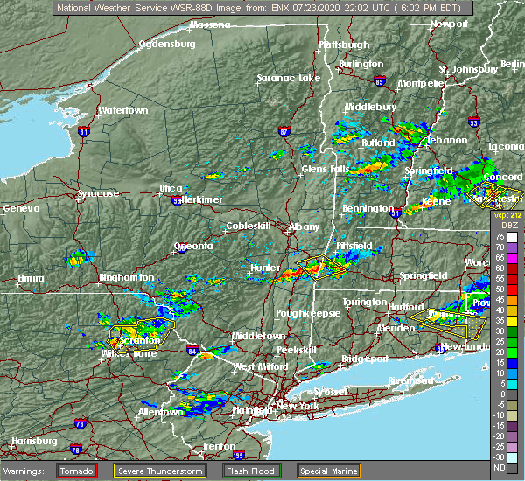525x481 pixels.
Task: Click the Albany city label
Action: click(304, 227)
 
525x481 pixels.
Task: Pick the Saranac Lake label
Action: click(289, 78)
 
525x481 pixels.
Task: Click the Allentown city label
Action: click(162, 411)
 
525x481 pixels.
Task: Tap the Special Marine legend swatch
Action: click(326, 471)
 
